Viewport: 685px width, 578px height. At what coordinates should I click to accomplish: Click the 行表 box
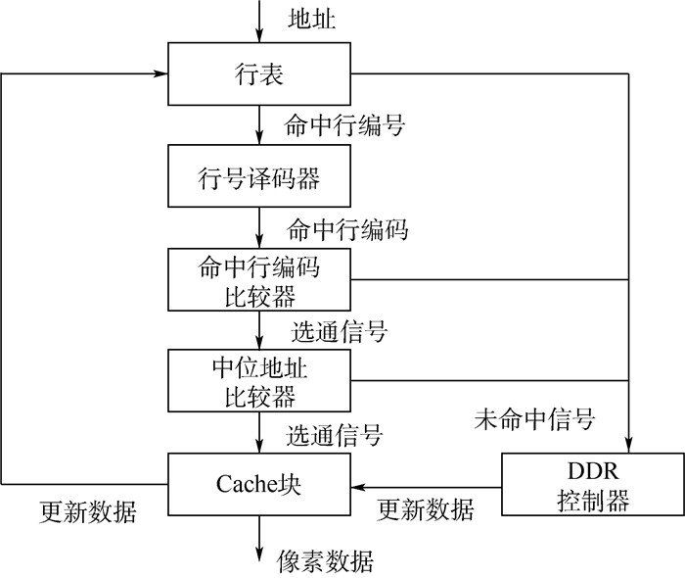click(259, 75)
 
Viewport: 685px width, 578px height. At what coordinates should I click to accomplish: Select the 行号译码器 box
click(259, 178)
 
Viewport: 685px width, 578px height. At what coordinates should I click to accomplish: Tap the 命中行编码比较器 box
click(259, 279)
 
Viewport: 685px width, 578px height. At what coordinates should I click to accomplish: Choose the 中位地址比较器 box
click(259, 380)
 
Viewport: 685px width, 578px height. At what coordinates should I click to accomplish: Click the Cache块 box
click(259, 483)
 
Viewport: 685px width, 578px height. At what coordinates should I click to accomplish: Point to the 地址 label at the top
click(312, 19)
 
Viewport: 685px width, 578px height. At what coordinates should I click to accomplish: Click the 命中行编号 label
click(344, 125)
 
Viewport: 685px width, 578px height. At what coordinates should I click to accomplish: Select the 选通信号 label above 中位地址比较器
click(338, 331)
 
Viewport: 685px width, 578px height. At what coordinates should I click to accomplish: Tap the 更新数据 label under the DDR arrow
click(426, 510)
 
